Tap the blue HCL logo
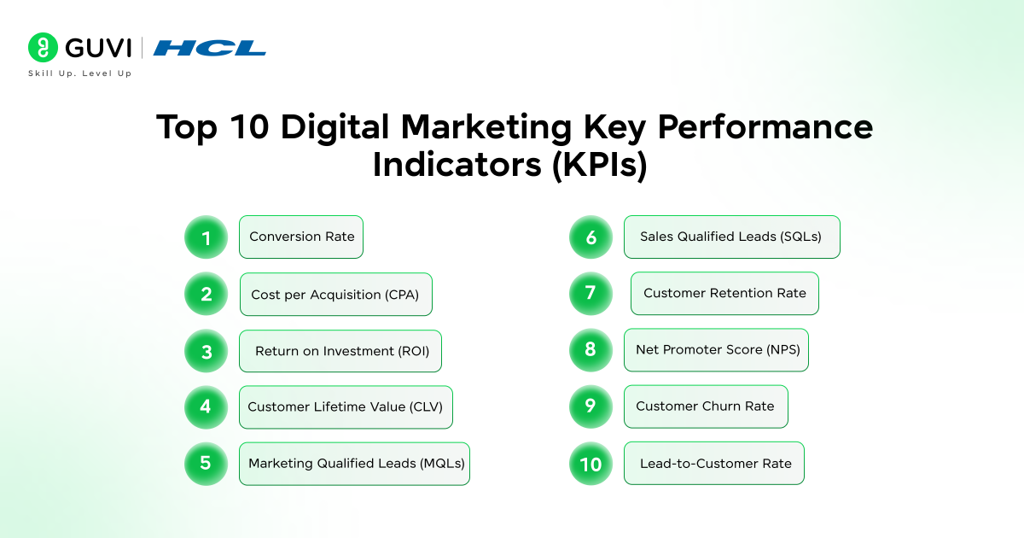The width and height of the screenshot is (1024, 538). [x=209, y=48]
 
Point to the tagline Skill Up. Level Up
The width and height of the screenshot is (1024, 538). [x=80, y=73]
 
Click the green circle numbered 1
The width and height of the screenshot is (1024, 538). [x=207, y=237]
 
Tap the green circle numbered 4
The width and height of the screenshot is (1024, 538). [x=207, y=406]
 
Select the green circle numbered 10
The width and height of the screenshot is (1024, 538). [x=591, y=464]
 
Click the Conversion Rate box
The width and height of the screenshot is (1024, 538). [x=301, y=237]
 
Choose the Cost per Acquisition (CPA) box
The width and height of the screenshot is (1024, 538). [x=335, y=295]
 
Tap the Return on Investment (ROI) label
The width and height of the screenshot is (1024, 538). [x=341, y=351]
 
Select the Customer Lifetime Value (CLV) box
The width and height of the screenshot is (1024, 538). [x=346, y=406]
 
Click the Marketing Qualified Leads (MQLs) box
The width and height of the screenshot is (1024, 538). [x=354, y=464]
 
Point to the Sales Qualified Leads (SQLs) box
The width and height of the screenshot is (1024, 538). [x=731, y=237]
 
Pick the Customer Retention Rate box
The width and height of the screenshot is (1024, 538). [x=724, y=294]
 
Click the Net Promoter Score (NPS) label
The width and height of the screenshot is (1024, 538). [x=717, y=350]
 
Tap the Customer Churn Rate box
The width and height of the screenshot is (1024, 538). [x=706, y=406]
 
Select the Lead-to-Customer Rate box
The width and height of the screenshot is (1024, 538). [x=714, y=464]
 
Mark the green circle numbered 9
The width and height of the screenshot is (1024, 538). [x=591, y=406]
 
